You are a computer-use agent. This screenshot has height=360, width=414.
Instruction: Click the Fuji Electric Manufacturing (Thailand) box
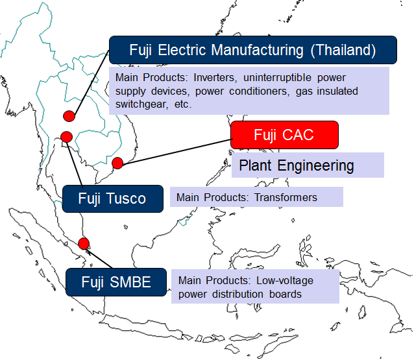click(x=253, y=50)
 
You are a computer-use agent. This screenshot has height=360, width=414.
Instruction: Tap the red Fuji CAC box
click(x=284, y=135)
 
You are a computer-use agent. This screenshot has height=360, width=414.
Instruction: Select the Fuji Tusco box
click(x=113, y=198)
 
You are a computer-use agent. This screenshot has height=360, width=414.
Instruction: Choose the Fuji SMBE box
click(x=116, y=282)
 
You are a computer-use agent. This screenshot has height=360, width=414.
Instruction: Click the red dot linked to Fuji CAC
click(x=117, y=163)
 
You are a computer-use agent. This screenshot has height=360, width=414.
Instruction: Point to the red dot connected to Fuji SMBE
click(x=84, y=243)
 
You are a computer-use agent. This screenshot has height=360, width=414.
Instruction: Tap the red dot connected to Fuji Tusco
click(x=67, y=137)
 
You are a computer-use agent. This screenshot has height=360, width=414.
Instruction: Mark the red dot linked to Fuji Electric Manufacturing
click(x=69, y=116)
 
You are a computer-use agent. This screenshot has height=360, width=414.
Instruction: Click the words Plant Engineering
click(x=297, y=166)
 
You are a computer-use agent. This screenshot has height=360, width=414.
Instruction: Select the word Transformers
click(x=286, y=197)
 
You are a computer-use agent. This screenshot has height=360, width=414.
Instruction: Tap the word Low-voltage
click(x=285, y=281)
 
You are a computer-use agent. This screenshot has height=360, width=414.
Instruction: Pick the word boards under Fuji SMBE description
click(x=285, y=294)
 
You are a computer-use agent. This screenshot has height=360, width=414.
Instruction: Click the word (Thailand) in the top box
click(x=343, y=50)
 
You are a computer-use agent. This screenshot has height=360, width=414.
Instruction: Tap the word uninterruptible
click(x=277, y=78)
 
